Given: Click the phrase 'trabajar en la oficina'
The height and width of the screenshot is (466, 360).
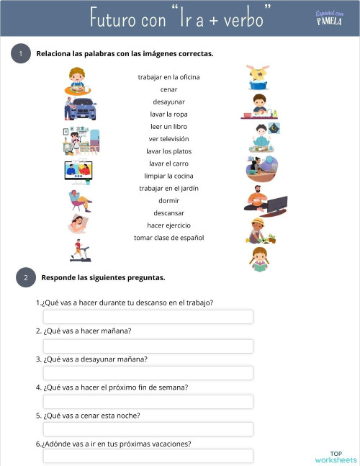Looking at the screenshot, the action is pyautogui.click(x=168, y=77).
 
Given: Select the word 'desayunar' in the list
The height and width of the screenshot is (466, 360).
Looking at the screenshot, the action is pyautogui.click(x=168, y=102).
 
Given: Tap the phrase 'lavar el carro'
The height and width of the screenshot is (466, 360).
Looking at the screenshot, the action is pyautogui.click(x=168, y=163).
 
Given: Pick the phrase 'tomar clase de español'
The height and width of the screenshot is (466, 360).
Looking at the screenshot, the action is pyautogui.click(x=168, y=238).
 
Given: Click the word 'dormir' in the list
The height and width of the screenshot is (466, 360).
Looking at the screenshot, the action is pyautogui.click(x=168, y=200).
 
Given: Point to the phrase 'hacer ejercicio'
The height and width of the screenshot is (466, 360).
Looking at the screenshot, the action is pyautogui.click(x=168, y=225).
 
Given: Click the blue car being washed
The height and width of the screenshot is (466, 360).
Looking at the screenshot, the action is pyautogui.click(x=81, y=109).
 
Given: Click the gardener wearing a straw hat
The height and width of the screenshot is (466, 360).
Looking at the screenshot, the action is pyautogui.click(x=259, y=230).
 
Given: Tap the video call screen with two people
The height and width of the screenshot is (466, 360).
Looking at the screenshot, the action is pyautogui.click(x=78, y=170).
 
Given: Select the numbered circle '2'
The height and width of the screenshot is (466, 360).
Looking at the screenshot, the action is pyautogui.click(x=25, y=277).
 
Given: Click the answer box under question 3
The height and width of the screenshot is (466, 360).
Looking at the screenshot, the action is pyautogui.click(x=148, y=373).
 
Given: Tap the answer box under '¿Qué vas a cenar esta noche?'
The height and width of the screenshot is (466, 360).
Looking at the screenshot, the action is pyautogui.click(x=148, y=429).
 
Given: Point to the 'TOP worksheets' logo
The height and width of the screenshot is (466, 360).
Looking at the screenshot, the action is pyautogui.click(x=335, y=457).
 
